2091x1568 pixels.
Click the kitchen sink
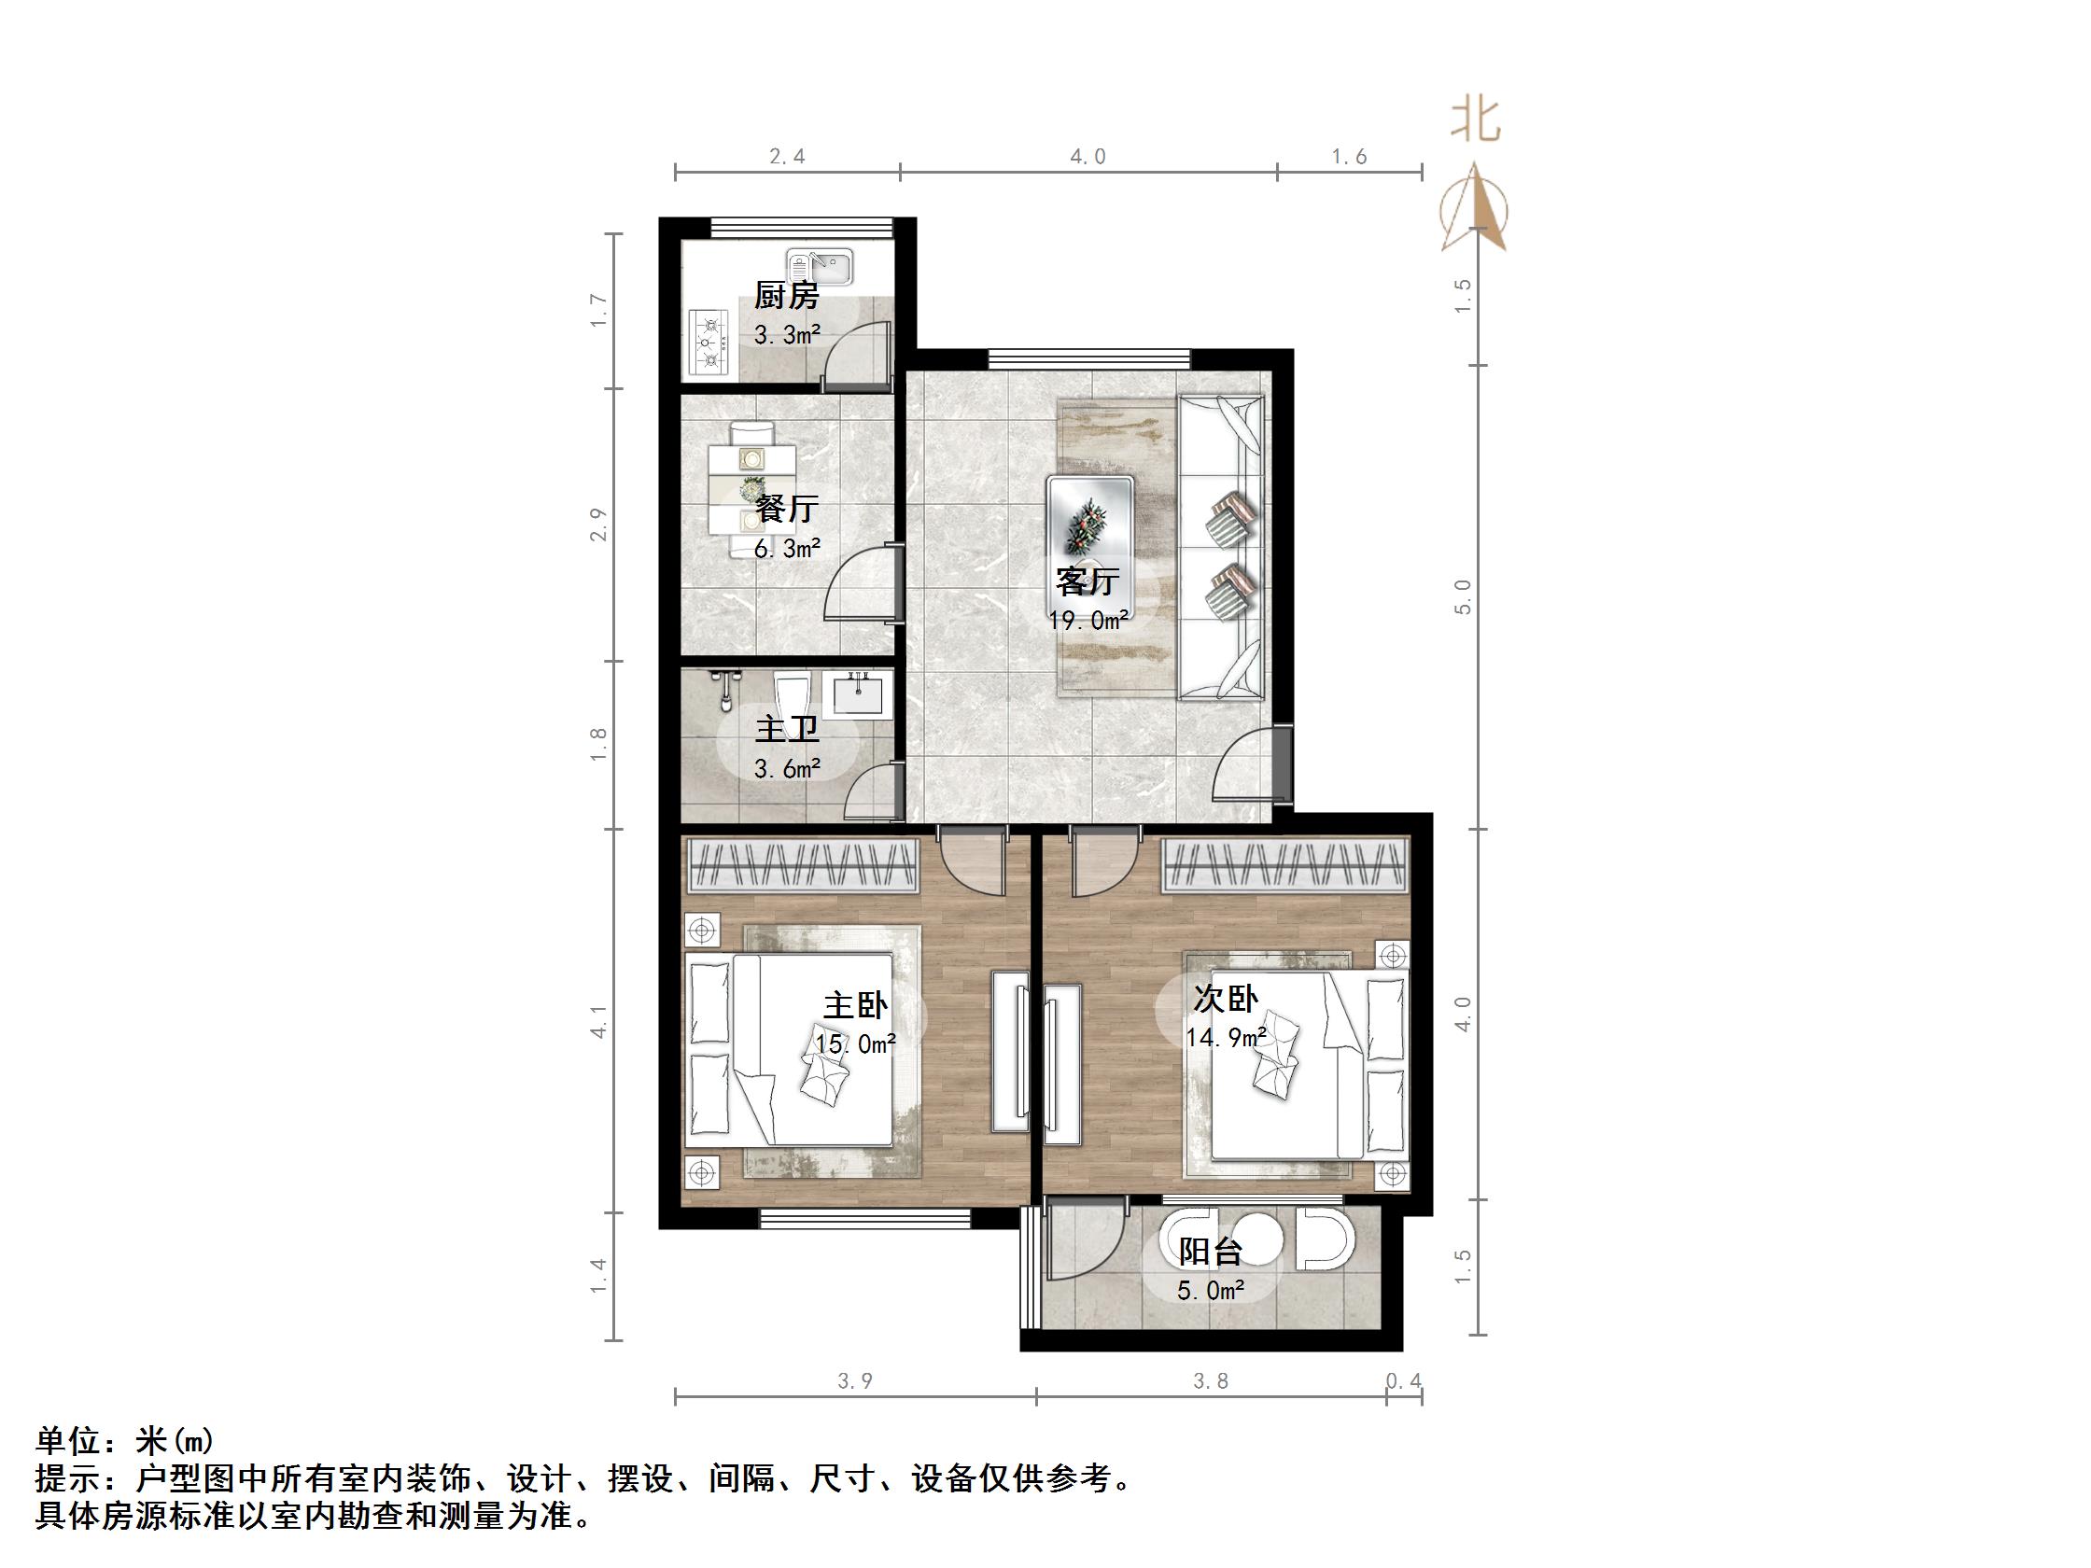pyautogui.click(x=819, y=267)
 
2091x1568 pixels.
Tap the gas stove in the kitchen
pyautogui.click(x=709, y=342)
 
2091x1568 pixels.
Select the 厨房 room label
pyautogui.click(x=786, y=296)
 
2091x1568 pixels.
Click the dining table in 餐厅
pyautogui.click(x=752, y=491)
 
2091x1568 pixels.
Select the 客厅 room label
pyautogui.click(x=1088, y=581)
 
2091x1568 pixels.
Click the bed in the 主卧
pyautogui.click(x=789, y=1049)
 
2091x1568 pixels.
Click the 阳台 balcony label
pyautogui.click(x=1209, y=1252)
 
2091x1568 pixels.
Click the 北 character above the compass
pyautogui.click(x=1476, y=122)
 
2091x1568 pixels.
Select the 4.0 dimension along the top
pyautogui.click(x=1088, y=156)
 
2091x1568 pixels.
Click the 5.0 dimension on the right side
pyautogui.click(x=1463, y=596)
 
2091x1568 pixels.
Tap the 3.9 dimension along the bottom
pyautogui.click(x=854, y=1380)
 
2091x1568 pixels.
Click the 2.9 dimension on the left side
pyautogui.click(x=597, y=525)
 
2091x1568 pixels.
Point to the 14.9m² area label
pyautogui.click(x=1226, y=1038)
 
